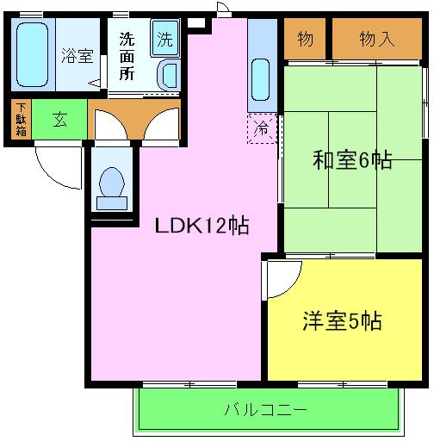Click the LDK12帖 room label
(202, 226)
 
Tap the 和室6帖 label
(352, 159)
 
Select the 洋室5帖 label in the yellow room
(342, 321)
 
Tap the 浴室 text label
(77, 57)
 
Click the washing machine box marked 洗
(164, 39)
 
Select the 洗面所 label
(127, 57)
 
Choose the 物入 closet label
(377, 39)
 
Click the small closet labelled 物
(305, 39)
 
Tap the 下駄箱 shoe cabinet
(20, 120)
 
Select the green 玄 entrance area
(60, 120)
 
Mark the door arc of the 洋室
(282, 278)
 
